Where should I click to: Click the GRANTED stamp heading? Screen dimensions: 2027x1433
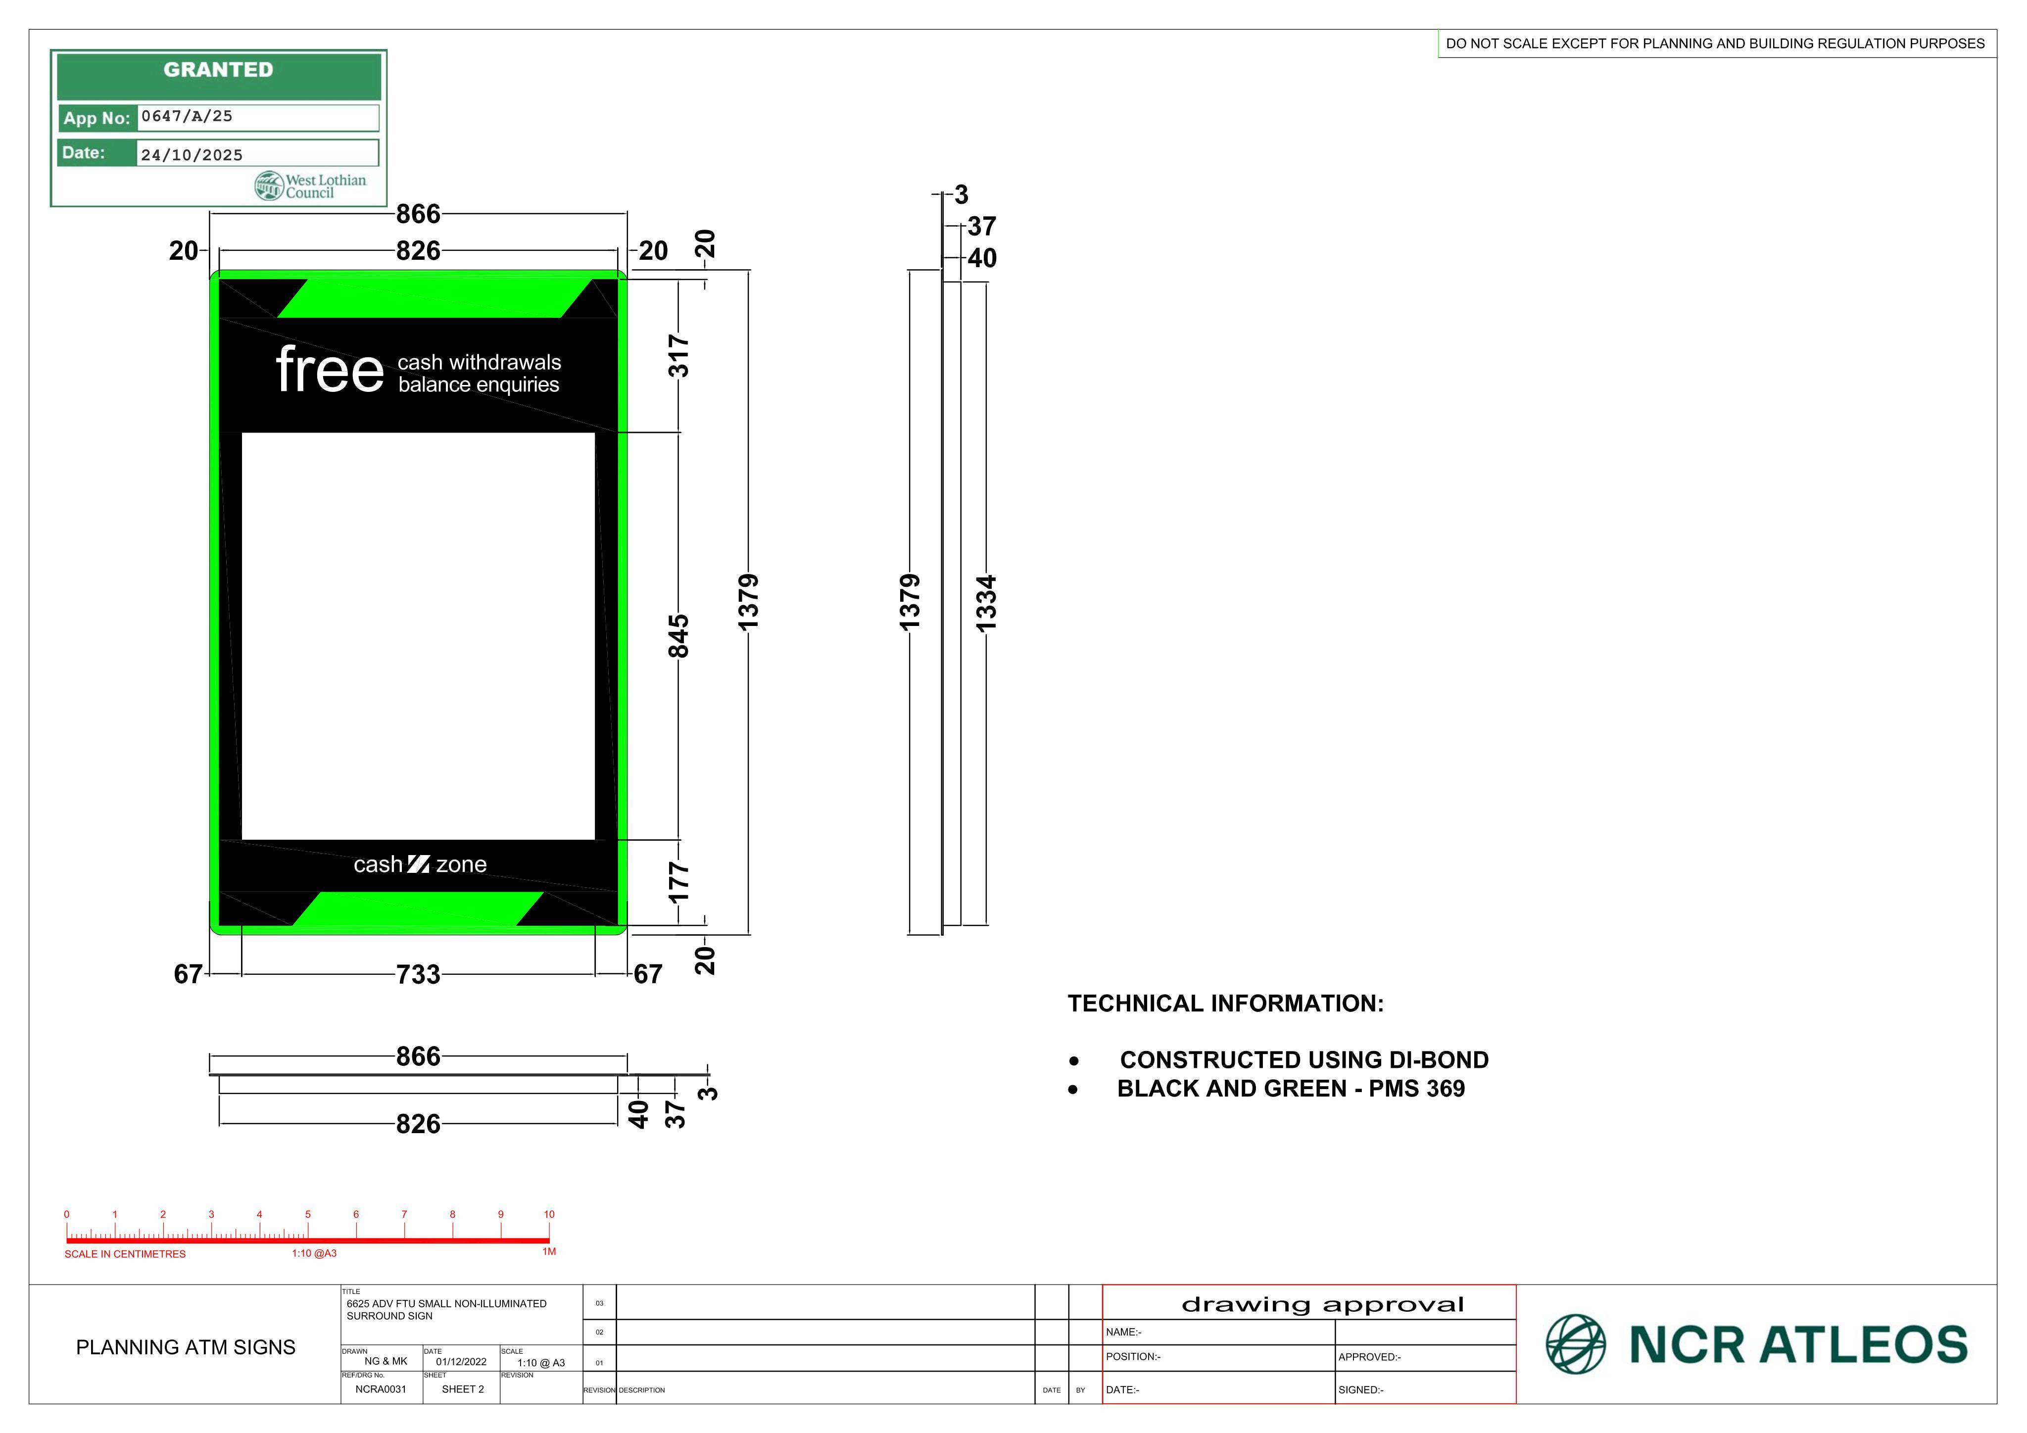coord(218,70)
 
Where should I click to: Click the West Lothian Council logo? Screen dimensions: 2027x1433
coord(310,186)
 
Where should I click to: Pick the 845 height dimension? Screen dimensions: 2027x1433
coord(678,637)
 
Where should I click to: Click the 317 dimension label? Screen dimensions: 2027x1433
coord(678,356)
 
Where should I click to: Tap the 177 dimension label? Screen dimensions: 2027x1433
coord(678,883)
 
